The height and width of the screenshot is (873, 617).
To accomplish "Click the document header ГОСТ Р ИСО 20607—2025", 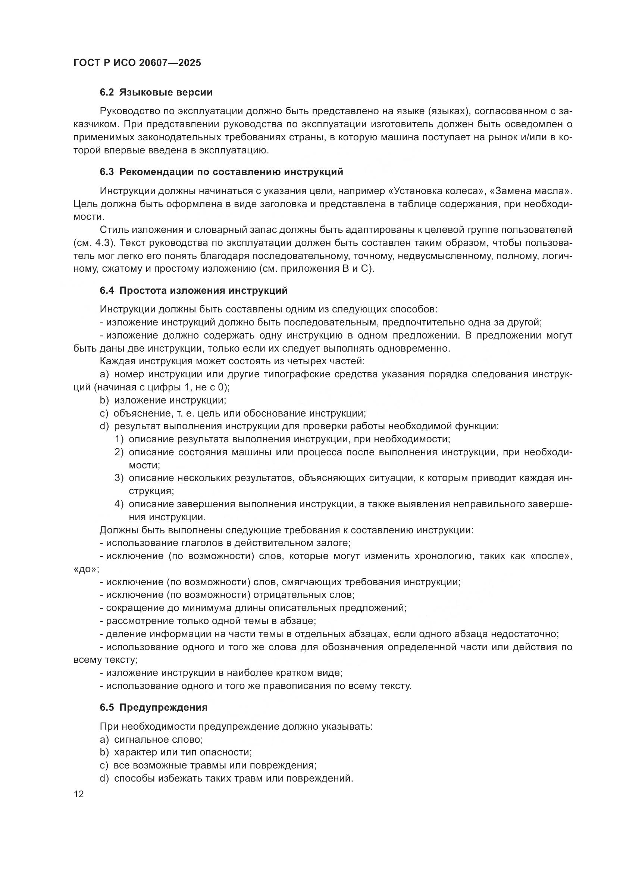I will click(137, 63).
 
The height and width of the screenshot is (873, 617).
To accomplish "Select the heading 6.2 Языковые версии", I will click(156, 93).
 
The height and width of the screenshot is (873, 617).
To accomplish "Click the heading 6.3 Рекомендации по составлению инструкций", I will click(222, 172).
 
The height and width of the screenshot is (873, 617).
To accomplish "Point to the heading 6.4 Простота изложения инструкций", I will click(194, 290).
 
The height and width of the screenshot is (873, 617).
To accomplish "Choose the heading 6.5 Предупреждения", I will click(154, 707).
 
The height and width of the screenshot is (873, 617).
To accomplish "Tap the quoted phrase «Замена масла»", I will click(532, 191).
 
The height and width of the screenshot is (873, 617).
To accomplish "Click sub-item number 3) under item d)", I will click(119, 478).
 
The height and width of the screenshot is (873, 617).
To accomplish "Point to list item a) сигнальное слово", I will click(151, 739).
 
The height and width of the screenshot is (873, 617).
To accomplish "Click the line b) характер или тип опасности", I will click(176, 752).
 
